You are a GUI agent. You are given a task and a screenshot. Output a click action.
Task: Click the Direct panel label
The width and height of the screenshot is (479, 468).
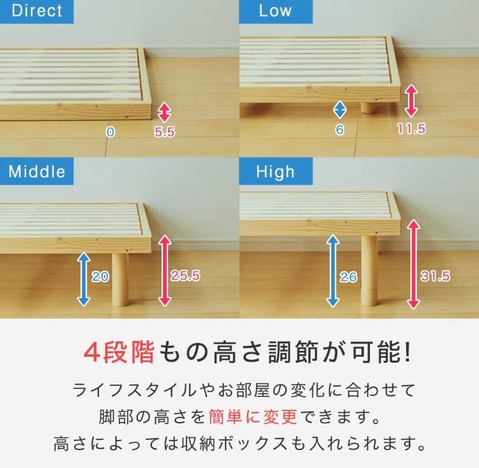click(37, 11)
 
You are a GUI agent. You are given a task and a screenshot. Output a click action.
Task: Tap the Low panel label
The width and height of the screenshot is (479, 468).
click(275, 11)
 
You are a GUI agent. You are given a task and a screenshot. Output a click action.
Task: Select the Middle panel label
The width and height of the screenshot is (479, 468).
click(37, 172)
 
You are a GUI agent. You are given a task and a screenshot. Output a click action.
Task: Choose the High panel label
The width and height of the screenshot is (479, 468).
click(275, 172)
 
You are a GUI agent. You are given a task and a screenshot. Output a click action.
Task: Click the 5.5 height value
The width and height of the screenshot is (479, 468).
click(165, 132)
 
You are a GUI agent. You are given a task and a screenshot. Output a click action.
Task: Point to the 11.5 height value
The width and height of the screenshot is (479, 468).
click(411, 130)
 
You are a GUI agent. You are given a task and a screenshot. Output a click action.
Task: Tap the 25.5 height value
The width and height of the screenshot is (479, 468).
click(186, 276)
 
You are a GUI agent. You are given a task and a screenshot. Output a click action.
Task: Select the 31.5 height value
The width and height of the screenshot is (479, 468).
click(436, 276)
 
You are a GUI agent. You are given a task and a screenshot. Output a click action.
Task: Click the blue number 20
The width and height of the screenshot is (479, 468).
click(100, 276)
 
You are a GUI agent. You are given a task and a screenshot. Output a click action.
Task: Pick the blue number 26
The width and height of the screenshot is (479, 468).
click(349, 277)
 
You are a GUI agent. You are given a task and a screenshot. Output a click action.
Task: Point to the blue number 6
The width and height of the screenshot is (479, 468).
click(340, 130)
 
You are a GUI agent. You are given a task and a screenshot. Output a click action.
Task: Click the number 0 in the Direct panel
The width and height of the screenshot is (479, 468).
click(110, 132)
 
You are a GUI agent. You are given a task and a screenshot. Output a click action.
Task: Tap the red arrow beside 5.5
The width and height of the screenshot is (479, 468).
click(165, 112)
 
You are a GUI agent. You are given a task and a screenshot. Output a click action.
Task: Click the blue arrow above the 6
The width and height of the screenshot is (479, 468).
click(340, 109)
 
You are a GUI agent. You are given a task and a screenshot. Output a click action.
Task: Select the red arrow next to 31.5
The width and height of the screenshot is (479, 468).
click(413, 263)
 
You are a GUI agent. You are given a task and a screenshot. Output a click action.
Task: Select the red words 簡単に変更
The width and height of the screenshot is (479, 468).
click(253, 417)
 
